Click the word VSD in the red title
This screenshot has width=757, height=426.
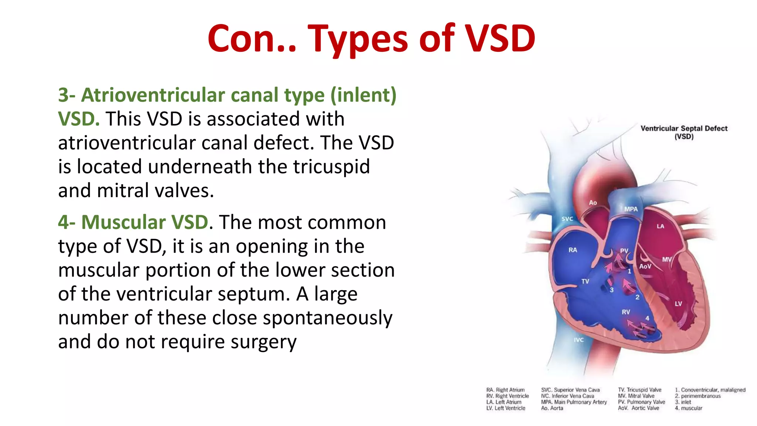tap(500, 38)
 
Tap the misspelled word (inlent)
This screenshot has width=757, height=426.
tap(363, 95)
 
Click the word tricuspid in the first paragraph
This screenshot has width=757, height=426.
tap(332, 167)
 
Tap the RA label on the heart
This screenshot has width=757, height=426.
tap(573, 250)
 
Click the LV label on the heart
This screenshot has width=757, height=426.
tap(678, 304)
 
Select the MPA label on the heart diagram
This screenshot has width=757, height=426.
tap(631, 209)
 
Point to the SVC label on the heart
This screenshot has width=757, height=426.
tap(567, 219)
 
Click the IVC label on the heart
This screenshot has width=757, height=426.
tap(579, 340)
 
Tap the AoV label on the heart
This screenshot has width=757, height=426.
tap(645, 266)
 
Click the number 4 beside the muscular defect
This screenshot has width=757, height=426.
tap(647, 318)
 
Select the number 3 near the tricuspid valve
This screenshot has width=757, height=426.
tap(612, 290)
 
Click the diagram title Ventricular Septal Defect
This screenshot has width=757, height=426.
tap(684, 129)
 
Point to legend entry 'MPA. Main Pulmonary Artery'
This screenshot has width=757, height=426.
tap(574, 402)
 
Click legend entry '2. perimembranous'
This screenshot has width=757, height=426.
tap(697, 396)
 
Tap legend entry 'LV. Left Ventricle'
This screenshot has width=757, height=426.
tap(506, 408)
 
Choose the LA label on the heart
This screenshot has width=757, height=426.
tap(660, 226)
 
